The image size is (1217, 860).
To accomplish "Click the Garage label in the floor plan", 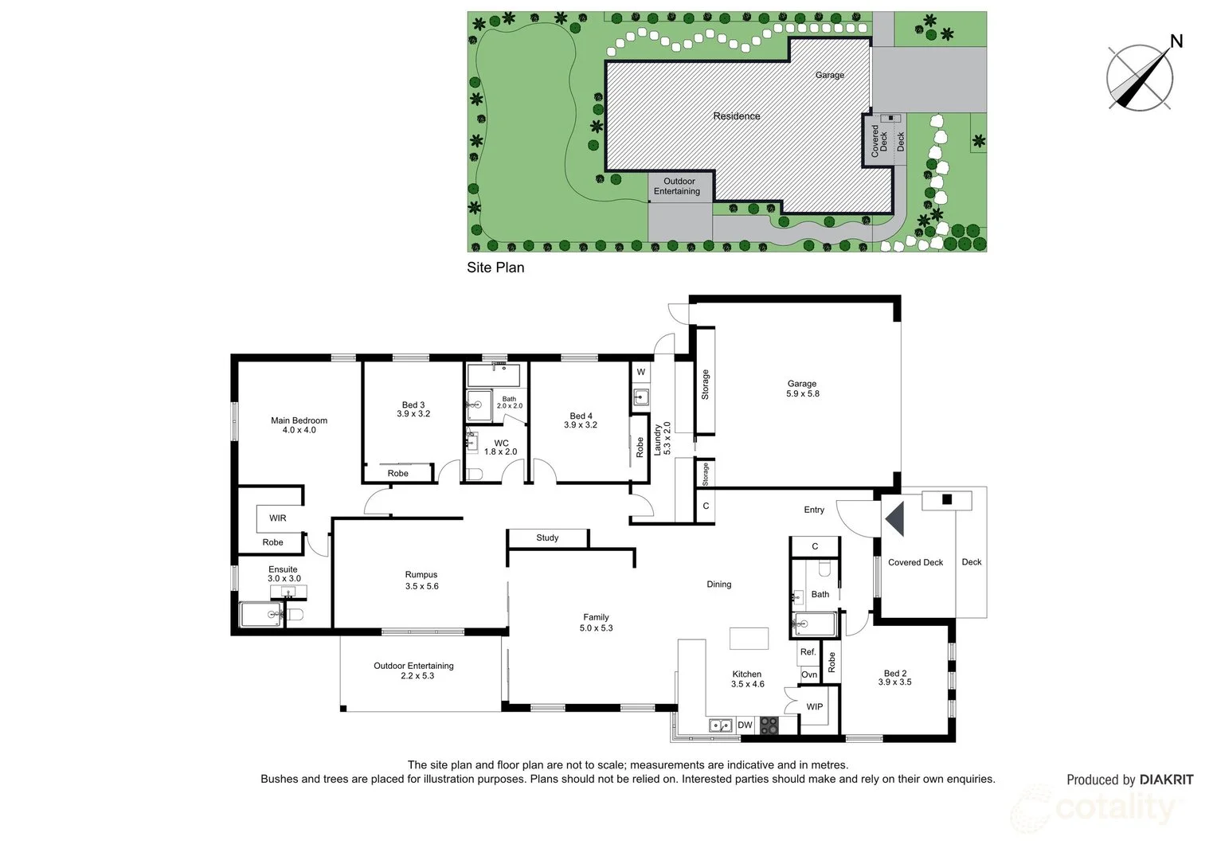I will tap(802, 389).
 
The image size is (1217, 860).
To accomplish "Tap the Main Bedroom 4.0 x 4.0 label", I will tap(299, 425).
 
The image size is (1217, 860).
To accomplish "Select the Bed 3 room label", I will tap(413, 409).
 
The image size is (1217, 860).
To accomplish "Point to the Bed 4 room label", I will tap(581, 420).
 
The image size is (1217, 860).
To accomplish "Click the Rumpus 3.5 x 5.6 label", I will tap(421, 580).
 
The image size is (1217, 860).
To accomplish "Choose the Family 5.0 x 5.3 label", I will tap(596, 622).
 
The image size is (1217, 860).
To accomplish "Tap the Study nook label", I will tap(547, 538).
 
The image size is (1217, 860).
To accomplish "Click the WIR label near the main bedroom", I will tap(277, 518).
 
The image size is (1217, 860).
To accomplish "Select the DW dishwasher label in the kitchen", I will tap(745, 725).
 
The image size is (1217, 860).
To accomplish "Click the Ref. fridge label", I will tap(808, 652).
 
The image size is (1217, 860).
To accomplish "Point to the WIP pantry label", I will tap(814, 707).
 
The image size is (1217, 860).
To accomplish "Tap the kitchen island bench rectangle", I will tap(749, 639).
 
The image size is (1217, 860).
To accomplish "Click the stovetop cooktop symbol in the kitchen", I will tap(769, 725).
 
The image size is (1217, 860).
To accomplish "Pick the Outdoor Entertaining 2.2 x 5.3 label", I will tap(413, 670).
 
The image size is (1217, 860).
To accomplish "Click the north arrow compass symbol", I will tap(1140, 76).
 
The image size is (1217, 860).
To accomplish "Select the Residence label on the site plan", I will tap(736, 116).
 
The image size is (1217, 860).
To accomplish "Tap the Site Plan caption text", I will tap(495, 268).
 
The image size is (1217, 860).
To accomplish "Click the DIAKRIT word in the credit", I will tap(1166, 780).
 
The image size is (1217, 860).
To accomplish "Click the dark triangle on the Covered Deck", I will tap(897, 518).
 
